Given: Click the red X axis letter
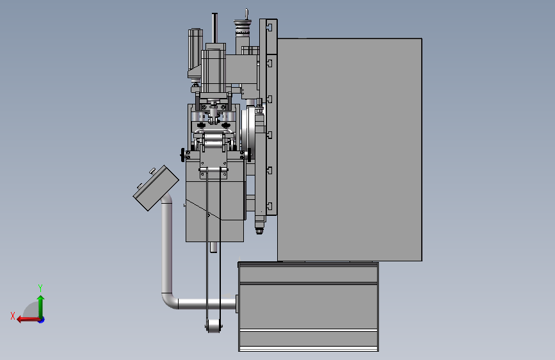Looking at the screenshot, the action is [13, 316].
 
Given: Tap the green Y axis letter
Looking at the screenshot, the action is [40, 288].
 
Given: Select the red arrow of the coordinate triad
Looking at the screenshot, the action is [28, 320].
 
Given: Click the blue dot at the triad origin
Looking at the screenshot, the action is [42, 320].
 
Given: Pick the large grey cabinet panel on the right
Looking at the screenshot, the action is [350, 149].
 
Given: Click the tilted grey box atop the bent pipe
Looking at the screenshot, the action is [156, 188].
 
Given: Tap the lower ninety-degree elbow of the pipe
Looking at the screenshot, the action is [169, 301].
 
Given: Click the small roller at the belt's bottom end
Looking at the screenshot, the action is [213, 326].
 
